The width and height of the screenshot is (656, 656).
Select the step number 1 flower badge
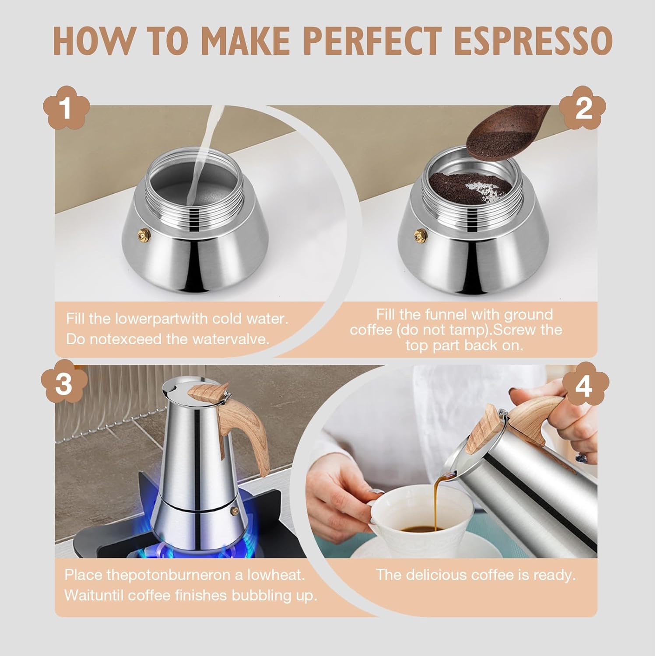66,108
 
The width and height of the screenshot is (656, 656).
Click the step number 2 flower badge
583,108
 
